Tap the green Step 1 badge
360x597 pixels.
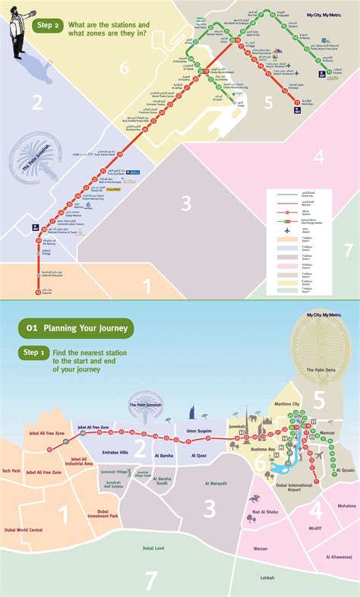point(34,352)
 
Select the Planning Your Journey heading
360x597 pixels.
point(76,328)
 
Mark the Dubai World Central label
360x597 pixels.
point(23,530)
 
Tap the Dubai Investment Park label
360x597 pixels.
point(103,515)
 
